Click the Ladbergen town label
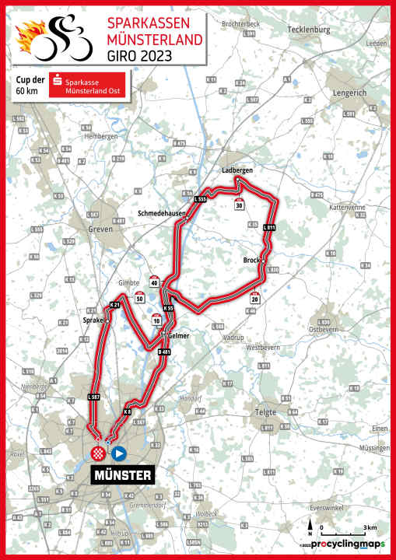pyautogui.click(x=238, y=170)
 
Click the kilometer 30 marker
pyautogui.click(x=239, y=205)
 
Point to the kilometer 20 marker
pyautogui.click(x=254, y=297)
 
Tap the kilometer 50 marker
pyautogui.click(x=139, y=297)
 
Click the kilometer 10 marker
pyautogui.click(x=157, y=319)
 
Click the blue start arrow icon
pyautogui.click(x=118, y=453)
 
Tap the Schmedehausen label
pyautogui.click(x=159, y=212)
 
